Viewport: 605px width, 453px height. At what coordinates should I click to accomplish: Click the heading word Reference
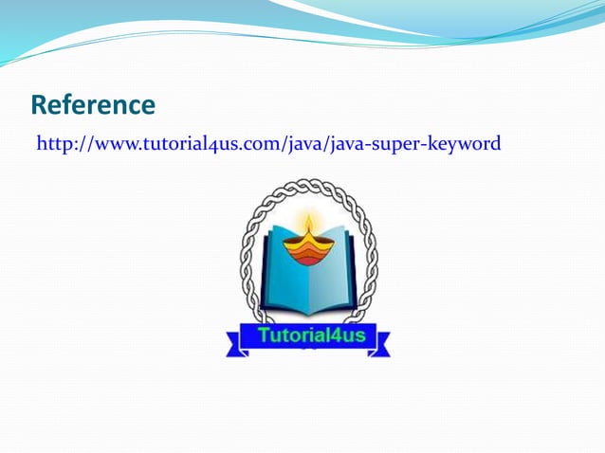tap(93, 104)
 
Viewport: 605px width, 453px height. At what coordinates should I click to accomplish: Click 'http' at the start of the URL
tap(53, 144)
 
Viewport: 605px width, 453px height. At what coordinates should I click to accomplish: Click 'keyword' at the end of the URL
tap(466, 144)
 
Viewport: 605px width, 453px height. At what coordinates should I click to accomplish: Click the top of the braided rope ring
tap(307, 184)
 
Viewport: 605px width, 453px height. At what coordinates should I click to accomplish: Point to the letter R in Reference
tap(40, 104)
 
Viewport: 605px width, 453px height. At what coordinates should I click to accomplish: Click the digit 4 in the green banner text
tap(332, 335)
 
